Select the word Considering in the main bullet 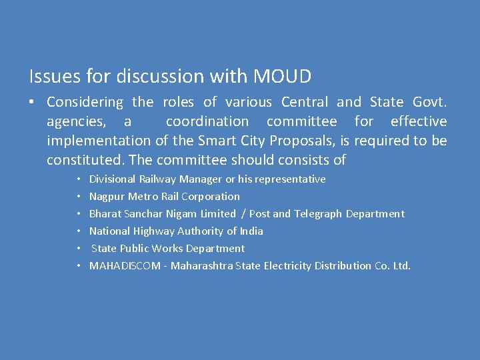[85, 103]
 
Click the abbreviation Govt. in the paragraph [430, 103]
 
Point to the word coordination [207, 122]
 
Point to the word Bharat [104, 214]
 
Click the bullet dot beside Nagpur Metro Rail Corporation [79, 197]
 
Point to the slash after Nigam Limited [243, 214]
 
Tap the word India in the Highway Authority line [251, 231]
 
